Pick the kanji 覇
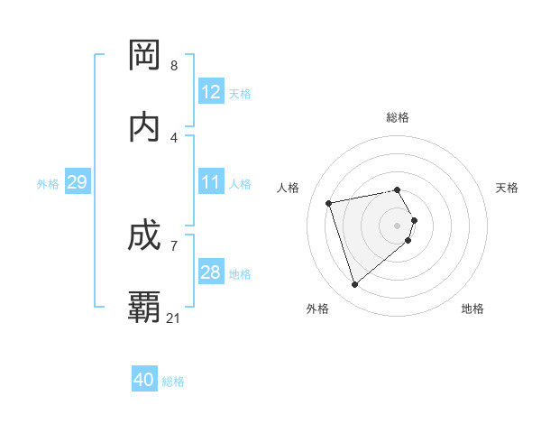click(145, 308)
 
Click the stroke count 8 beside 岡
click(174, 66)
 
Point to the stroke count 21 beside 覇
click(174, 318)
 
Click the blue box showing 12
click(211, 92)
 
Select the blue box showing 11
click(211, 182)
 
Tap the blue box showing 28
click(211, 272)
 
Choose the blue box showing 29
click(77, 182)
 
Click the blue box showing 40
click(144, 380)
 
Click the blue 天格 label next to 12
click(240, 94)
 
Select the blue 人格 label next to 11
click(240, 184)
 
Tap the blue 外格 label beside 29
click(48, 184)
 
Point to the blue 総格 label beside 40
click(173, 382)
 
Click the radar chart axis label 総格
click(398, 117)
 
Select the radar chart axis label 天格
click(508, 188)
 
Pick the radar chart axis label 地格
click(472, 309)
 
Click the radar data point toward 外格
click(354, 285)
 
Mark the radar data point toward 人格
click(329, 202)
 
